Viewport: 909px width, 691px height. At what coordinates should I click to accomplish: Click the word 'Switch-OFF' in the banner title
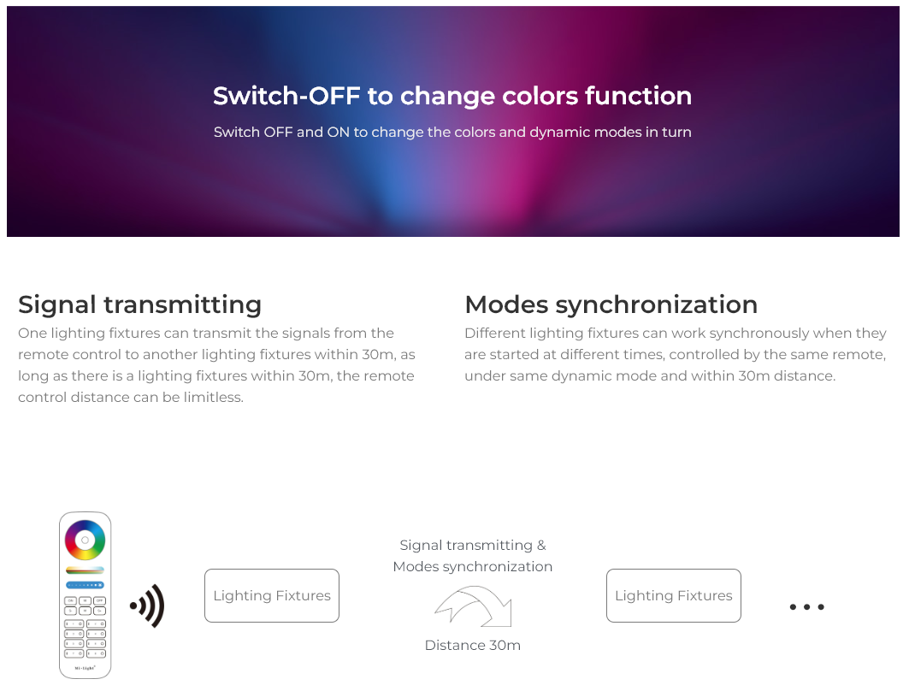pos(286,97)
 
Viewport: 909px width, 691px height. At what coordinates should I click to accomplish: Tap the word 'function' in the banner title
pos(638,96)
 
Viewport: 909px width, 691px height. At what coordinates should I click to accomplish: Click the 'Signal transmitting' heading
pos(139,305)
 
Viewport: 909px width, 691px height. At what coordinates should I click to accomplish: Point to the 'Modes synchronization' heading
pos(611,305)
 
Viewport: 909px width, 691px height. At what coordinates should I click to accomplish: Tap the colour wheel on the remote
pos(86,540)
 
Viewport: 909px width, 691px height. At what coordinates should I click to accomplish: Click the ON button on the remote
pos(70,600)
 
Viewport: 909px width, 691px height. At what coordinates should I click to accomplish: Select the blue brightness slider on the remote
pos(86,585)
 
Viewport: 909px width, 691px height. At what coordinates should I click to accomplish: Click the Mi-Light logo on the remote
pos(86,668)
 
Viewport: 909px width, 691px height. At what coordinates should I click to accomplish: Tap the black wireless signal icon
pos(148,605)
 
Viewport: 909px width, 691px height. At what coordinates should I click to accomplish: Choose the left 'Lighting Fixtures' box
pos(272,596)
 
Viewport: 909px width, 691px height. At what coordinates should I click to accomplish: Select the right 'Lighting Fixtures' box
pos(674,596)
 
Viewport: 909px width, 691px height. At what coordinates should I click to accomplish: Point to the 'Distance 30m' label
pos(473,645)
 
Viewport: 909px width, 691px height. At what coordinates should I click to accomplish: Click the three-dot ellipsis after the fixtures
pos(807,607)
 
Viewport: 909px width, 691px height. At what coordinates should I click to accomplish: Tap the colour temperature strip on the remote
pos(86,570)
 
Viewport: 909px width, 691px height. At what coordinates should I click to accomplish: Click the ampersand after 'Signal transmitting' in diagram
pos(541,546)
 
